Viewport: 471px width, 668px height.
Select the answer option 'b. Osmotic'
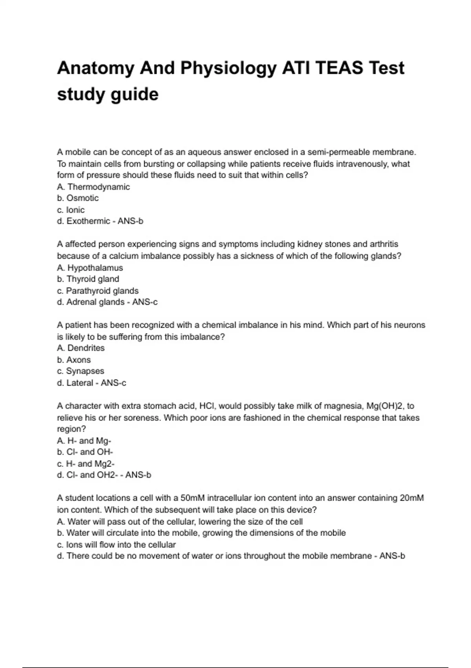click(78, 198)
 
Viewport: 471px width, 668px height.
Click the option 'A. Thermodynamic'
click(93, 187)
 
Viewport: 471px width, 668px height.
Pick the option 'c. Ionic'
click(71, 210)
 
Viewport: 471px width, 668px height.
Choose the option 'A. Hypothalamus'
click(90, 268)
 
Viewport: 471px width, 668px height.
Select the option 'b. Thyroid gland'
click(88, 279)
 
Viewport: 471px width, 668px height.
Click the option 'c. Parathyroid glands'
click(98, 291)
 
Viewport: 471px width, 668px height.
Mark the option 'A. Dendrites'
click(81, 348)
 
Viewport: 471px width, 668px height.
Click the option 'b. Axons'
click(74, 360)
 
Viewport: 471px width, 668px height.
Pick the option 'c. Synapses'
click(80, 371)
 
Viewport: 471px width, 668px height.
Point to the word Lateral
click(80, 383)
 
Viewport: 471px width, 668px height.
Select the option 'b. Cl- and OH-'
click(85, 452)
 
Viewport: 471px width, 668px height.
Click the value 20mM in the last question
click(412, 498)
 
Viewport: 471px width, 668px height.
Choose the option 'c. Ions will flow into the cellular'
click(116, 545)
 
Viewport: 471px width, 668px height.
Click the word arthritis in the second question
click(384, 244)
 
